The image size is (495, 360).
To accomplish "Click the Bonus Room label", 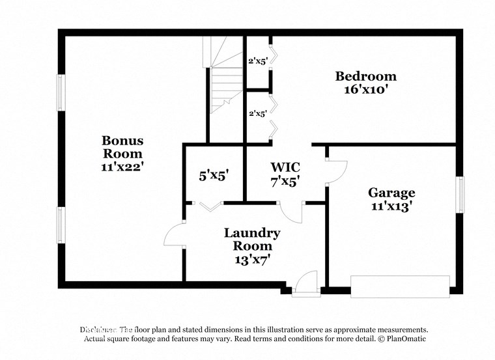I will coord(122,147).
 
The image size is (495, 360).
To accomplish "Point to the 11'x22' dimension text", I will coord(122,166).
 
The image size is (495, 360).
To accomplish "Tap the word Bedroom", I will coord(365,76).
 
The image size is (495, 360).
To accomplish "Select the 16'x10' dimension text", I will coord(365,90).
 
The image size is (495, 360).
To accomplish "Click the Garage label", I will coord(391,193).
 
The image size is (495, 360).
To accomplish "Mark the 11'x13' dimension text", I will coord(391,207).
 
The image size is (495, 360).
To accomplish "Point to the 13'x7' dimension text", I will coord(252,260).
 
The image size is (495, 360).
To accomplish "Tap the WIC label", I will coord(285,167).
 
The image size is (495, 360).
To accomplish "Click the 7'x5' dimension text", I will coord(285,182).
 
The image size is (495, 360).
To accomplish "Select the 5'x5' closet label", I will coord(214,174).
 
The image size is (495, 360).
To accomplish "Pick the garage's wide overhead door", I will coord(400,285).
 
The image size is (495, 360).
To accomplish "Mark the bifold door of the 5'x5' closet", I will coord(209,207).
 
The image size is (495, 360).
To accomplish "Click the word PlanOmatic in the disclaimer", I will coord(404,339).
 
